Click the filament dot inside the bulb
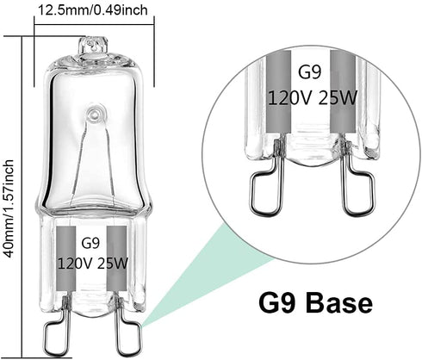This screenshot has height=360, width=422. coord(90,113)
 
